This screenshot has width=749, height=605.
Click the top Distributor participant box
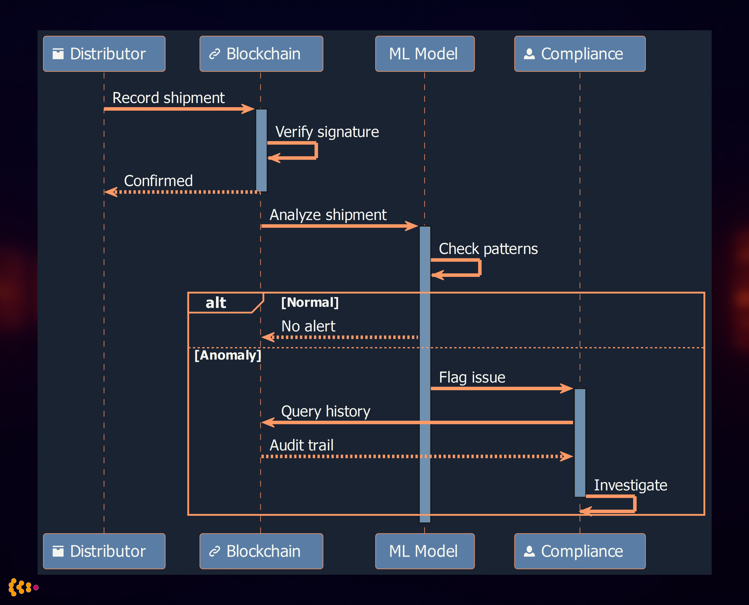click(104, 54)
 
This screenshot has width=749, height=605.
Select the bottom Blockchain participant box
click(261, 551)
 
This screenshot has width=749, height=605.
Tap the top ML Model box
click(424, 54)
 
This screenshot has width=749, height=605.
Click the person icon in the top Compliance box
click(529, 54)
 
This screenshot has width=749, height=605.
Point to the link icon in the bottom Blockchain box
click(214, 551)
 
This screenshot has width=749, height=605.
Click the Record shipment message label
click(168, 98)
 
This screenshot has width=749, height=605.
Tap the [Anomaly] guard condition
click(228, 355)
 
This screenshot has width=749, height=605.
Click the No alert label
click(308, 326)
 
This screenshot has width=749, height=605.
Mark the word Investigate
click(630, 485)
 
